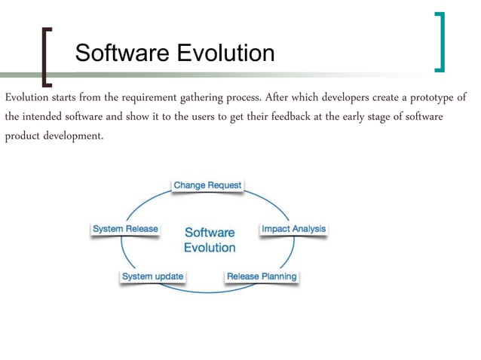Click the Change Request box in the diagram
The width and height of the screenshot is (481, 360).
click(x=207, y=185)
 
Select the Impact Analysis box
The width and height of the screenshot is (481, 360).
click(x=293, y=228)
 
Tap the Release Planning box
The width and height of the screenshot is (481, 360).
click(x=262, y=276)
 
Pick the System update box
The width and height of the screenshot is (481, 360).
click(x=152, y=276)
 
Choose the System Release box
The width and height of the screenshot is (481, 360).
click(x=125, y=229)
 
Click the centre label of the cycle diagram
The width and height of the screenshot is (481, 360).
click(x=210, y=240)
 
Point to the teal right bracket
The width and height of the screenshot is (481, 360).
click(x=440, y=42)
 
